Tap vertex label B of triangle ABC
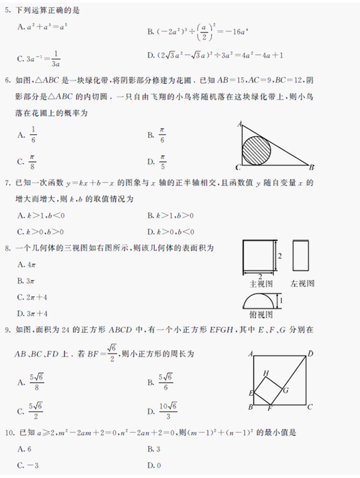click(x=312, y=167)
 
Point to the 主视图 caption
click(x=261, y=284)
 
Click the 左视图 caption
click(x=302, y=284)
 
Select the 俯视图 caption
click(x=261, y=314)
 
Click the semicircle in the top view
click(x=259, y=301)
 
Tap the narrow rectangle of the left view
click(x=301, y=255)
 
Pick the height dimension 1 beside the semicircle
click(x=281, y=301)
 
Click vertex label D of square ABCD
click(x=310, y=354)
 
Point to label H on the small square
click(x=266, y=373)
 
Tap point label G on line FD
click(x=286, y=390)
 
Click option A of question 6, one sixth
click(x=29, y=135)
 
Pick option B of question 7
click(x=170, y=216)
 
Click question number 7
click(x=7, y=183)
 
